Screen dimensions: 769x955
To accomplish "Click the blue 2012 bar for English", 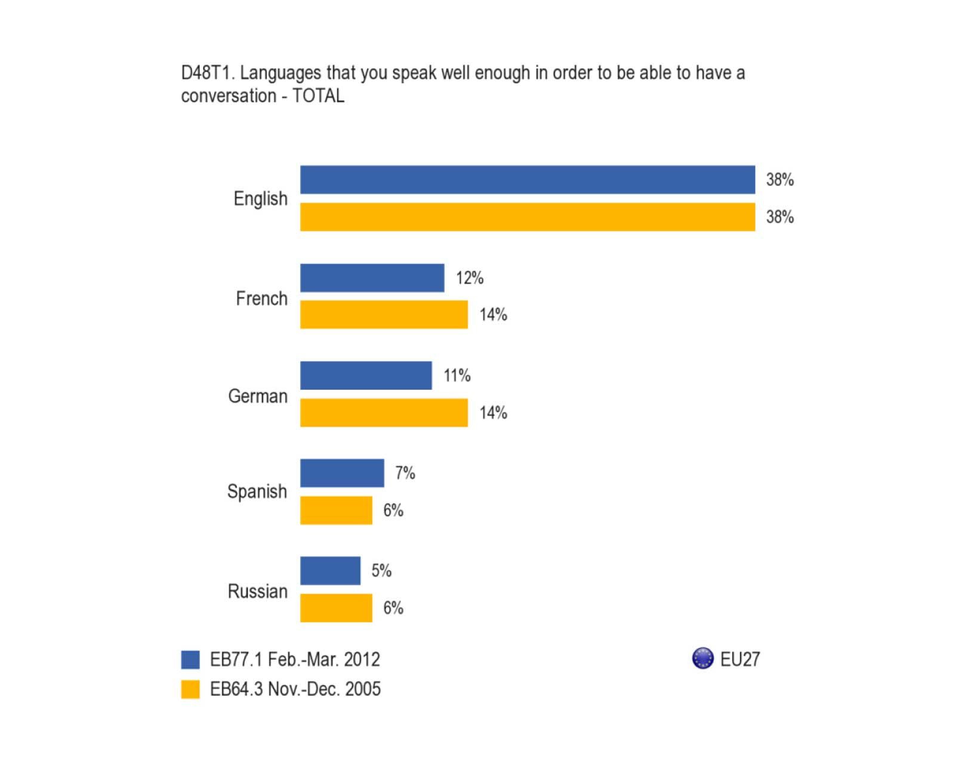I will pos(527,180).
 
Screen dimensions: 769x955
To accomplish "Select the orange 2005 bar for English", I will pos(527,217).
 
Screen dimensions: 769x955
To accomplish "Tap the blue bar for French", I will pos(372,278).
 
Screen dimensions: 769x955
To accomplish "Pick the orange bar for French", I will pos(384,315).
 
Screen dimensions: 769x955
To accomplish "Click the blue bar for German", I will pos(366,376).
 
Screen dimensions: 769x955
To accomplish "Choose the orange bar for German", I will pos(384,413).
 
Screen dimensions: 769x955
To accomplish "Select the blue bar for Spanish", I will pos(342,473).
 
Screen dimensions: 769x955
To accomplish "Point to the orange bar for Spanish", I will pos(336,510).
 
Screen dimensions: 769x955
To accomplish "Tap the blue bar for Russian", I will pos(330,571).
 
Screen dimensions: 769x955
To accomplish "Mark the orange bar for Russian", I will pos(336,608).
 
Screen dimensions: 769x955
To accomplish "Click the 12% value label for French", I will pos(470,278).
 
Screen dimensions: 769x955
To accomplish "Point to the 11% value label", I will pos(457,376).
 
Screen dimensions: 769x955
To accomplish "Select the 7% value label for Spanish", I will pos(405,473).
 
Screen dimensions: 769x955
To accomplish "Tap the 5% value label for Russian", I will pos(381,571).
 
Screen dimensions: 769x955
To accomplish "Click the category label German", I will pos(258,396).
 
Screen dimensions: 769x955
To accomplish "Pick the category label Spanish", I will pos(257,492).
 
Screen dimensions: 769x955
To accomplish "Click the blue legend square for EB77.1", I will pos(190,660).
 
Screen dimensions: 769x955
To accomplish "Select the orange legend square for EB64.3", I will pos(190,690).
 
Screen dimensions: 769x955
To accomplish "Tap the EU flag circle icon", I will pos(703,658).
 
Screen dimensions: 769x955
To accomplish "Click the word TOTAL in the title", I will pos(318,96).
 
